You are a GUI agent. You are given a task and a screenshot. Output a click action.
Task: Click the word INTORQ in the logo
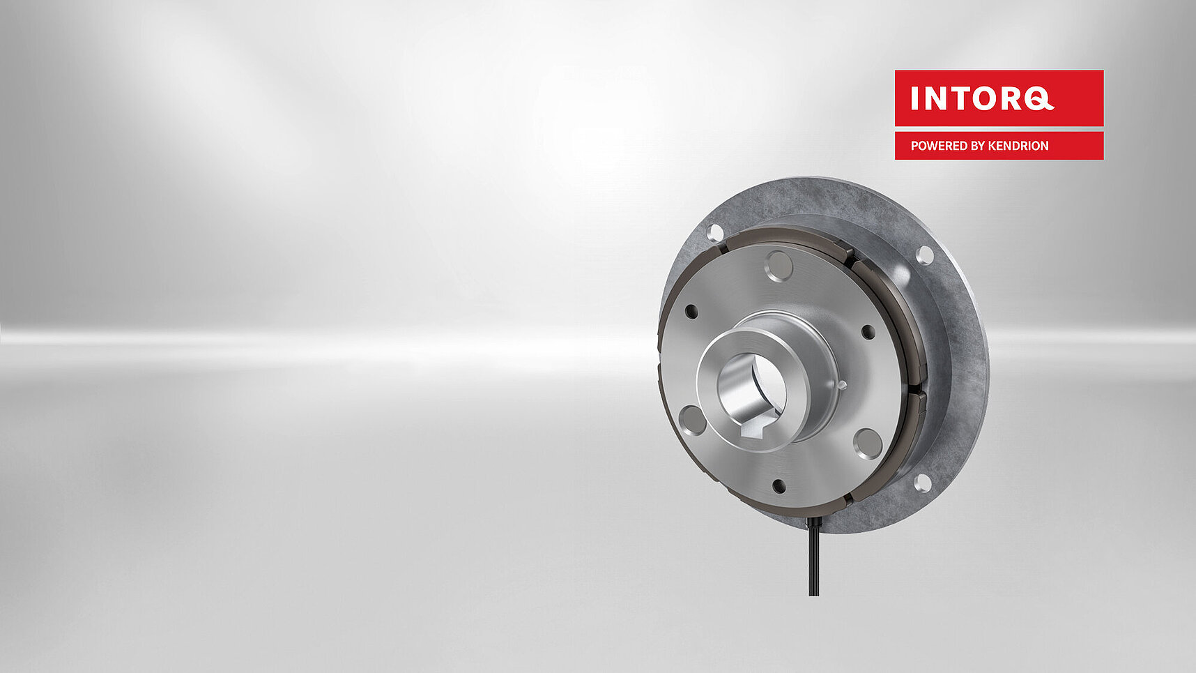click(x=981, y=98)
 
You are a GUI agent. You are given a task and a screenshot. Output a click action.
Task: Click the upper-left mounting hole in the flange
click(x=715, y=232)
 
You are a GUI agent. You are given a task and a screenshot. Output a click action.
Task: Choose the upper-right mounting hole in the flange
click(x=924, y=255)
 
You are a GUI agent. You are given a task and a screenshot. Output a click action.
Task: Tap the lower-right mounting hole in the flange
click(x=922, y=482)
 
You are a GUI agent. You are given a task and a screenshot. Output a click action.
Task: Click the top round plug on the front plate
click(x=779, y=266)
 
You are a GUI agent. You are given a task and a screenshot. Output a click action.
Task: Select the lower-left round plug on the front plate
click(x=692, y=420)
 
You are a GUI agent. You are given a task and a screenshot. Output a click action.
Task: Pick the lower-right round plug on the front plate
click(x=868, y=444)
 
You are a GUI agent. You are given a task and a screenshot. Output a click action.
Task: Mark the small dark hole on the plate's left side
click(x=691, y=311)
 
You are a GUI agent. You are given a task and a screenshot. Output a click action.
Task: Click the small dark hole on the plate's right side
click(x=868, y=332)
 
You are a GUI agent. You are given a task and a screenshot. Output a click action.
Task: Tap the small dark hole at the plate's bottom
click(x=779, y=486)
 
